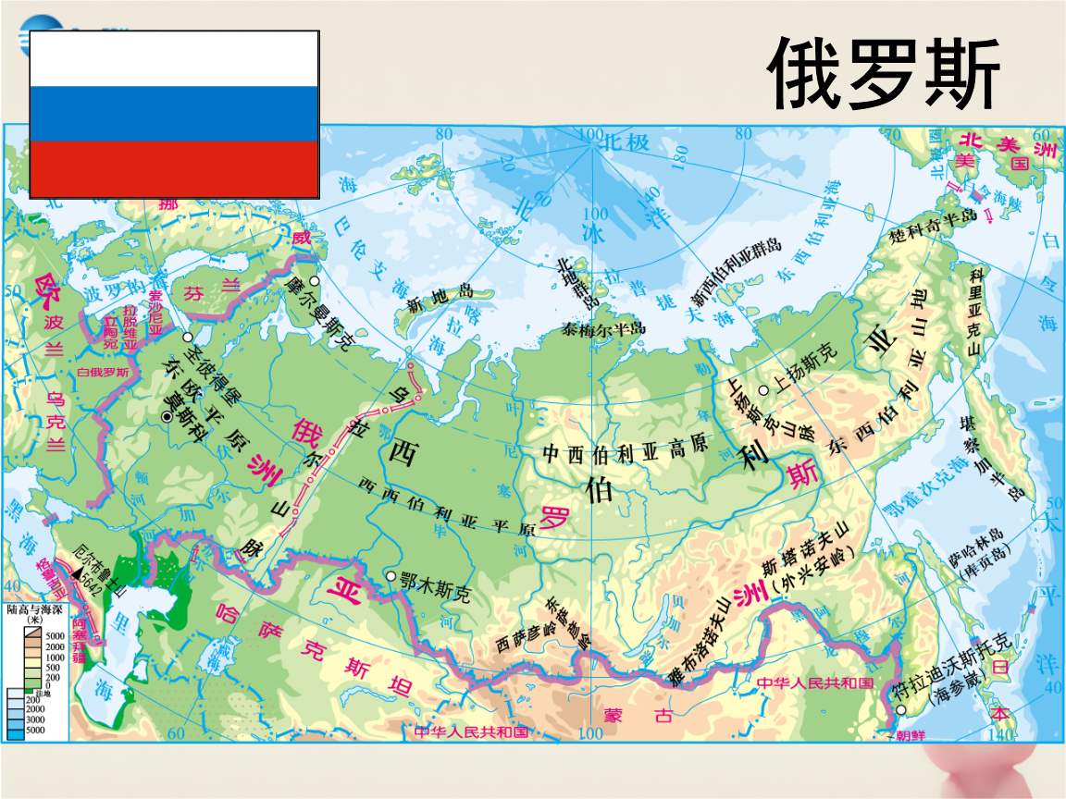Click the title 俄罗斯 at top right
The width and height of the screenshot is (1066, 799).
point(886,73)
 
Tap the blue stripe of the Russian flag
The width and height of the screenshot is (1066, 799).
point(174,114)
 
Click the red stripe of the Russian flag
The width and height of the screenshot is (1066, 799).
point(174,170)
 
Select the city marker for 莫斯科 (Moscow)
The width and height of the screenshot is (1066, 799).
point(166,417)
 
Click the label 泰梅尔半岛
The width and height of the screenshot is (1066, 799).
point(603,327)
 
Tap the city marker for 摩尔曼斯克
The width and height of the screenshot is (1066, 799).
point(315,280)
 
